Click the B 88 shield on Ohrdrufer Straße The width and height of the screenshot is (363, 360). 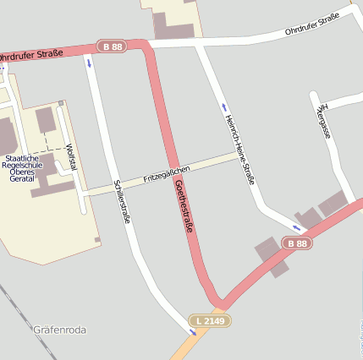coord(112,46)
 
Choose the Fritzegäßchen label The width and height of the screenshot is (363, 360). coord(167,174)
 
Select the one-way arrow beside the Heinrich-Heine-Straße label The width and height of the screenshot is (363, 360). coord(224,107)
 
